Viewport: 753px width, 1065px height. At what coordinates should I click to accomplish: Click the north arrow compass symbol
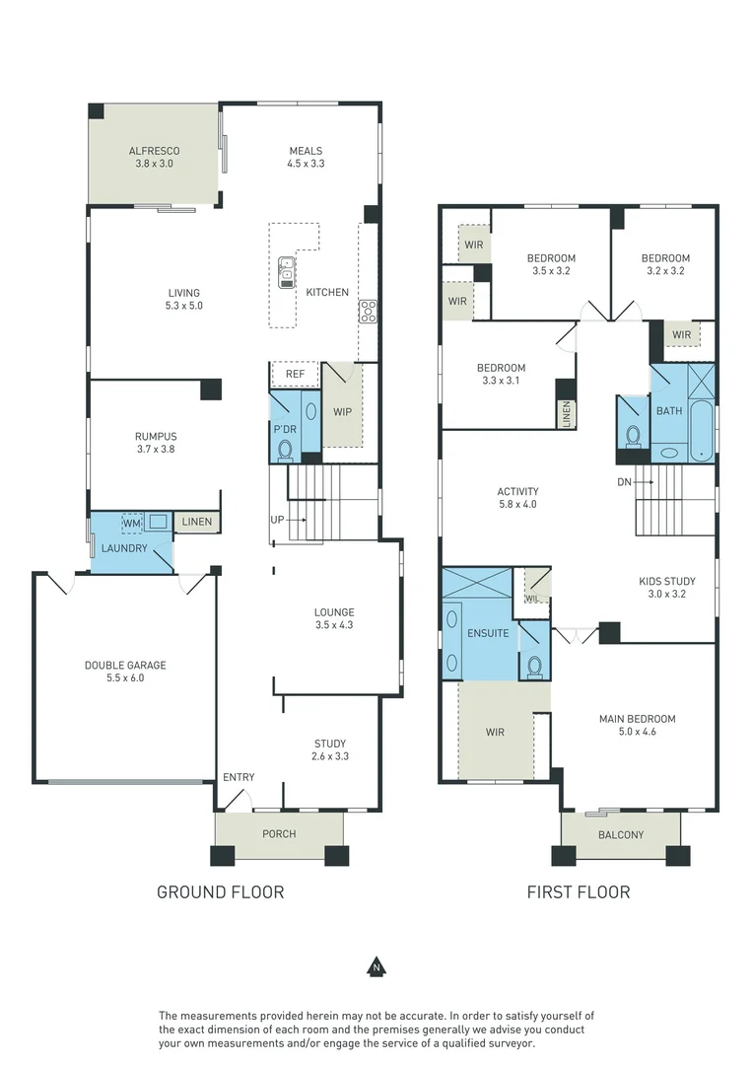tap(376, 967)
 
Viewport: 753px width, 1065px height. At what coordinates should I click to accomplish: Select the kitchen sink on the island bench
tap(286, 271)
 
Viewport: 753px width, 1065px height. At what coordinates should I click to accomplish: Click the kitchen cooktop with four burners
tap(368, 312)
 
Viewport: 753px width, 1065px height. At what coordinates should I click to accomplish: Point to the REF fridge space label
tap(295, 375)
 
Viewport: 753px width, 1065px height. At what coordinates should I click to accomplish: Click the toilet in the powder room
tap(286, 450)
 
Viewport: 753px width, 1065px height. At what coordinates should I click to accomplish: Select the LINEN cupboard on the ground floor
tap(197, 522)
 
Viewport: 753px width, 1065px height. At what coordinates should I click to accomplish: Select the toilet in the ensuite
tap(535, 666)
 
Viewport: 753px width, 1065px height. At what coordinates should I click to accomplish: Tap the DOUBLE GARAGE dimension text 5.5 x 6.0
tap(125, 677)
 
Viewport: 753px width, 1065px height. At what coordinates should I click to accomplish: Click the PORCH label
tap(279, 834)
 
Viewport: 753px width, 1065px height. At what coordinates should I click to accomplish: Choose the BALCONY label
tap(621, 835)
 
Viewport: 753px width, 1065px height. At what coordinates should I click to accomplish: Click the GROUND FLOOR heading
tap(221, 892)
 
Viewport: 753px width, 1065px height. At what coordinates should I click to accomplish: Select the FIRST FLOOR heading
tap(579, 892)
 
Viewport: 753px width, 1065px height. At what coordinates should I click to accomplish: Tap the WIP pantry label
tap(343, 411)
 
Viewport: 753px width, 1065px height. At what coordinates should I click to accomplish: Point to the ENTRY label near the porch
tap(239, 777)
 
